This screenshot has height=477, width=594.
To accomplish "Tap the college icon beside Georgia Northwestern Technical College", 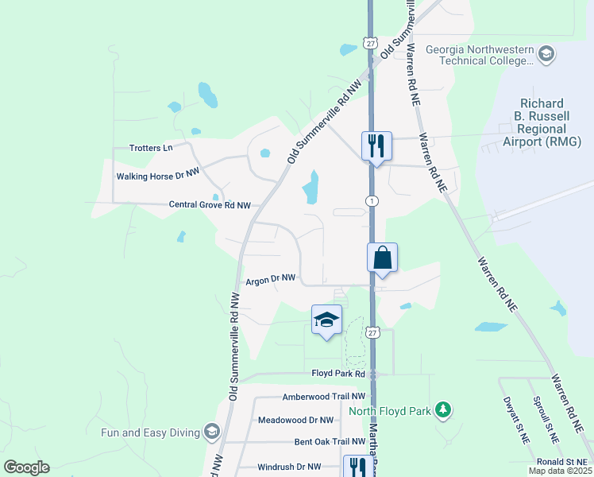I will click(546, 55).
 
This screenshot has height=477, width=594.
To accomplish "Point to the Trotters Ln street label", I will click(151, 148).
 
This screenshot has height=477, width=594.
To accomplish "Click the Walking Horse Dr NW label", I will click(158, 176).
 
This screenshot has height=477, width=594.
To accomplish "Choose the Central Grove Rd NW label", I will click(210, 205).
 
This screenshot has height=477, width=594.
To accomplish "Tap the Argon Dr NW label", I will click(271, 279).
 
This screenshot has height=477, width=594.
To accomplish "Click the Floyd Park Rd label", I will click(337, 373).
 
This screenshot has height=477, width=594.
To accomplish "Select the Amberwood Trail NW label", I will click(324, 396).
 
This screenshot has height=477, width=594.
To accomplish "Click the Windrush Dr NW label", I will click(291, 467).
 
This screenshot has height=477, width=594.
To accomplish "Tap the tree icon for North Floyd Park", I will click(443, 410).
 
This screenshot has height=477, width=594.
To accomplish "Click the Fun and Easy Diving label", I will click(151, 432).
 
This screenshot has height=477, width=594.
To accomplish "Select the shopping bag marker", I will click(382, 258).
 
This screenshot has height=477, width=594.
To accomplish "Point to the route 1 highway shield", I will click(371, 201).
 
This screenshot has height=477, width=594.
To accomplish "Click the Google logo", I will click(26, 467).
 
